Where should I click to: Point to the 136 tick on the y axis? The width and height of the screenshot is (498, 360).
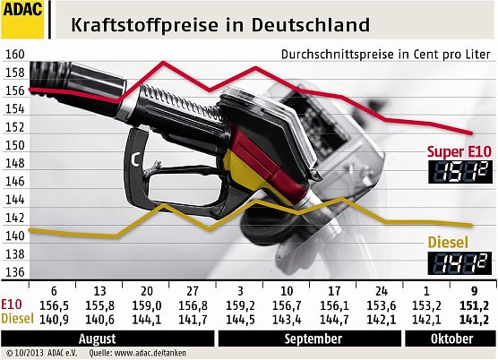coord(14,272)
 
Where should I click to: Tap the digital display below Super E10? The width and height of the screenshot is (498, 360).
coord(458,173)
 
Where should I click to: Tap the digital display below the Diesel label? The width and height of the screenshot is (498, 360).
coord(458,262)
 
